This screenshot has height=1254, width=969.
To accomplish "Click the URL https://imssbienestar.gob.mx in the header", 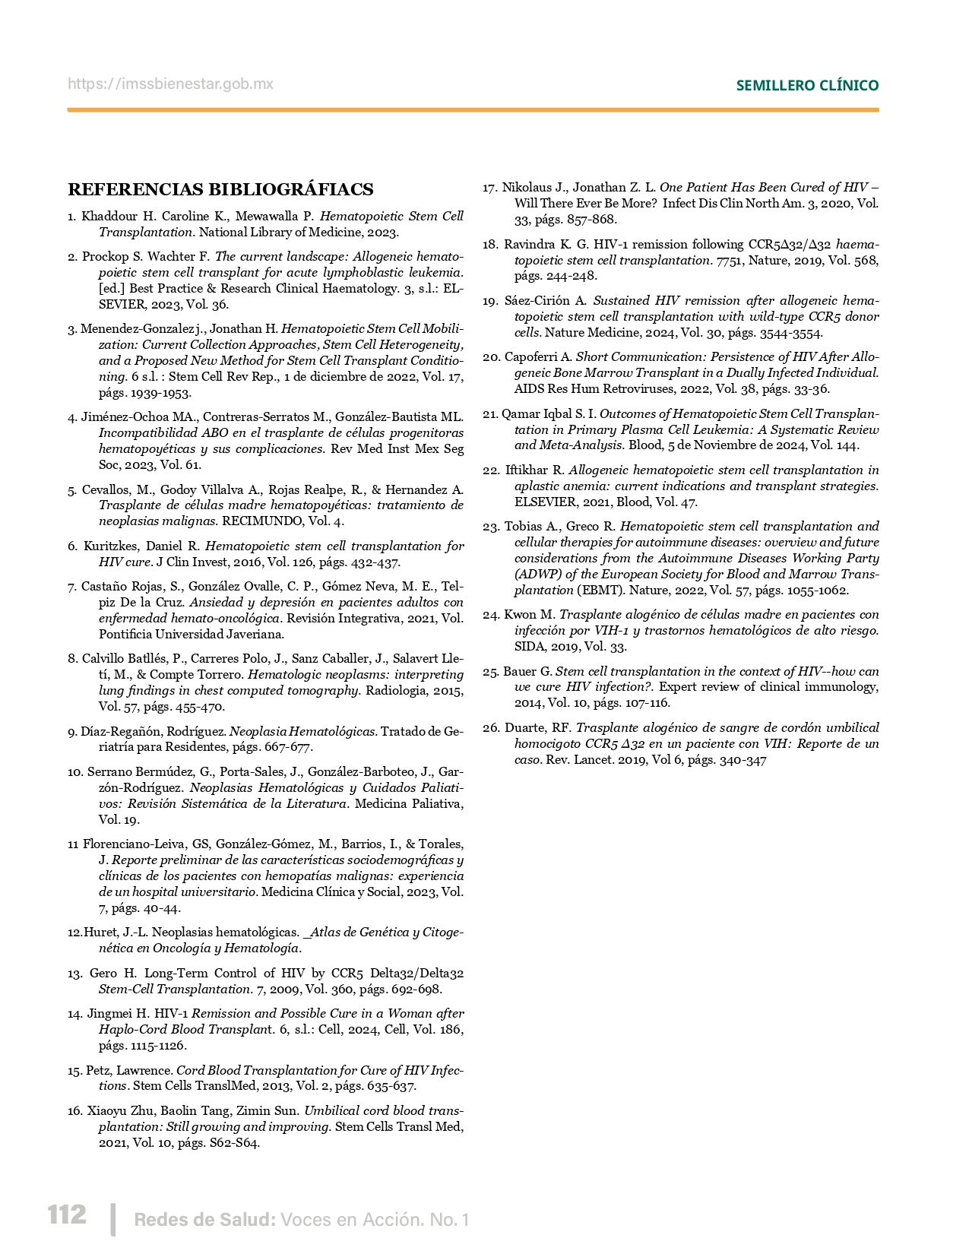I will (170, 84).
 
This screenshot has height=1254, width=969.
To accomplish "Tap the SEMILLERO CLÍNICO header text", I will (807, 85).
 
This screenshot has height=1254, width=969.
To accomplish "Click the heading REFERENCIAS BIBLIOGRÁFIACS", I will (220, 189).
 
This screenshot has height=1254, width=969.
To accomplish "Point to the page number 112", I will (67, 1214).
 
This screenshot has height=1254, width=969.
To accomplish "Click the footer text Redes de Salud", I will (204, 1220).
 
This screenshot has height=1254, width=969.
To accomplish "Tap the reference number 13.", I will (74, 973).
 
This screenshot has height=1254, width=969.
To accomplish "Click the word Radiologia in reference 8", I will (394, 690).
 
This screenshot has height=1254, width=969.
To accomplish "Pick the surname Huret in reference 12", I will (100, 932).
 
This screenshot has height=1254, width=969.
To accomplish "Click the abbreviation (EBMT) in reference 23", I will (600, 590).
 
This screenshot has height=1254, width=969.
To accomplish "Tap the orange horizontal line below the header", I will (473, 110).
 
